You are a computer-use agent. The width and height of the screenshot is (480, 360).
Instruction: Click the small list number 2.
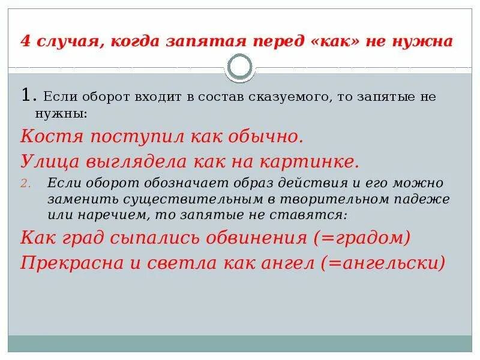coord(25,183)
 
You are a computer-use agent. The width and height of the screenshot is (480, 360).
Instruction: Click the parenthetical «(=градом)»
coord(362,238)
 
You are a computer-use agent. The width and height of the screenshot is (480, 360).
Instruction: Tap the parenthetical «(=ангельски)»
coord(383,262)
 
